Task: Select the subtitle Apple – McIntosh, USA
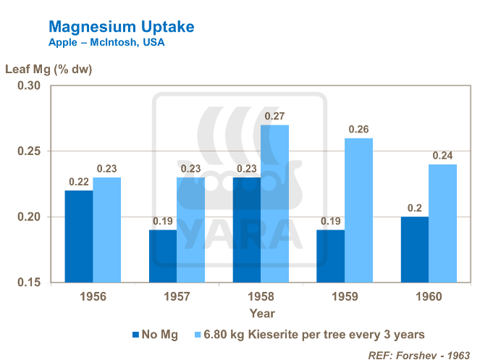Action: click(x=106, y=43)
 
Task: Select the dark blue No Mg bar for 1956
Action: click(x=80, y=236)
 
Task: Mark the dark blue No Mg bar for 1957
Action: click(x=162, y=256)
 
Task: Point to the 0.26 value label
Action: click(x=359, y=129)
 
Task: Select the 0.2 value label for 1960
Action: click(x=413, y=208)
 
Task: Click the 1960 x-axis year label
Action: click(x=427, y=297)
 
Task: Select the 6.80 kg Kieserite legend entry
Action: click(x=311, y=334)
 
